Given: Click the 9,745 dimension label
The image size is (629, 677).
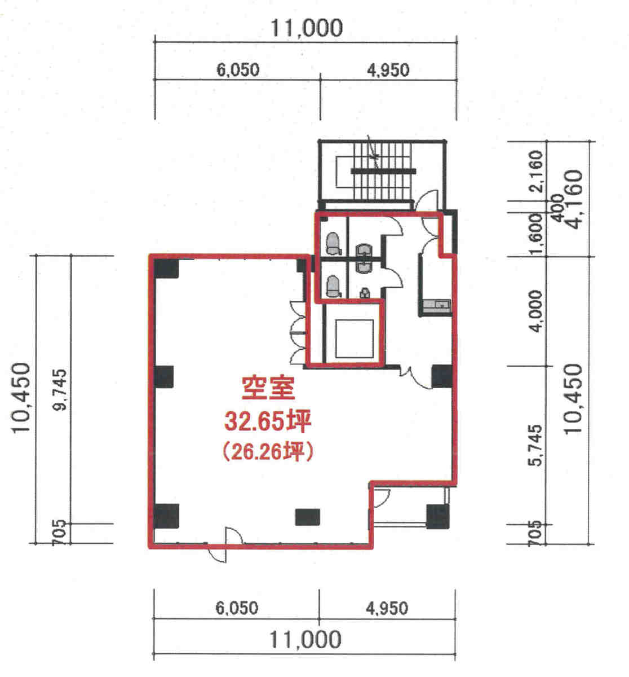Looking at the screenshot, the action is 61,390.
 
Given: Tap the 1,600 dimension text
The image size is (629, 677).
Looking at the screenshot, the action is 536,234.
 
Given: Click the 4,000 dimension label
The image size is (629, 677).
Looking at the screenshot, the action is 535,311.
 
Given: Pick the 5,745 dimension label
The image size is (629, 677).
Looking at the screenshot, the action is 535,445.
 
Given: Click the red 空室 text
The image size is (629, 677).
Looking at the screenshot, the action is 268,388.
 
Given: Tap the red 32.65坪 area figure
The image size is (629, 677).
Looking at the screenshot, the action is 268,421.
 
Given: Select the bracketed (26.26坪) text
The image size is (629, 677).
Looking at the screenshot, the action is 268,452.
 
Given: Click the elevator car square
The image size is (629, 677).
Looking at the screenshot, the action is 354,338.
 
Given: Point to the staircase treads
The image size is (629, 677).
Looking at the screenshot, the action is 382,170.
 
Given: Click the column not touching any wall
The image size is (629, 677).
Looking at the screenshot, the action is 308,517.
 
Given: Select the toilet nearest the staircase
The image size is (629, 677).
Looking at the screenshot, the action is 334,243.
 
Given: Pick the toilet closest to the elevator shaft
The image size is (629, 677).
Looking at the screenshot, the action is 334,287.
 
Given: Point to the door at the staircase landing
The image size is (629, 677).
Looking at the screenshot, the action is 426,200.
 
